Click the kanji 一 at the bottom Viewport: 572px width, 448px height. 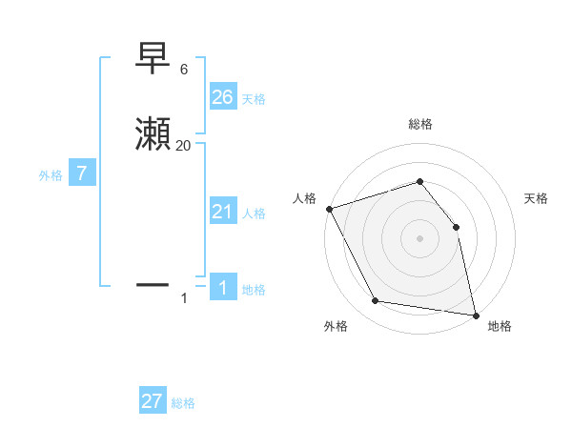[153, 283]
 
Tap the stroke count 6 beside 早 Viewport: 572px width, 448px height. [183, 70]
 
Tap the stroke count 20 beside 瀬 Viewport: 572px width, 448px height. [183, 145]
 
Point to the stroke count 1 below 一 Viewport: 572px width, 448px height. [184, 299]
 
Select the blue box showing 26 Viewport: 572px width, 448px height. [222, 96]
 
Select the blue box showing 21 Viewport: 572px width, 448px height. [222, 212]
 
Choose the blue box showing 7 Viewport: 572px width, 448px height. [82, 173]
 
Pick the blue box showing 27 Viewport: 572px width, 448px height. [153, 401]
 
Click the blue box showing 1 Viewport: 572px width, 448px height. [222, 288]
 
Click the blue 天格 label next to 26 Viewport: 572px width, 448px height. [254, 98]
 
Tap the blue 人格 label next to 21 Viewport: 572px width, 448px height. [254, 214]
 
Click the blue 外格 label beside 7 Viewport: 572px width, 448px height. [51, 175]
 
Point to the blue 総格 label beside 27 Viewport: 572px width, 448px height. [183, 403]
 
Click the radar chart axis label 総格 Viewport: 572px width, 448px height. [419, 124]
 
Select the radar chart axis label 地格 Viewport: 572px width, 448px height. [500, 326]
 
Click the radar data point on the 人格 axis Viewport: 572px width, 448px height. [329, 209]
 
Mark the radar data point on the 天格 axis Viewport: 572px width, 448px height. [456, 227]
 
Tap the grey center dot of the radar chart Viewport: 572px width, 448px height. [419, 238]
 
